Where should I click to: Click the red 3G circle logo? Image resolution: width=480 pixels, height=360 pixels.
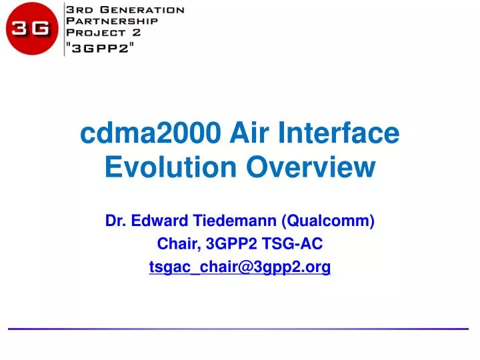click(31, 29)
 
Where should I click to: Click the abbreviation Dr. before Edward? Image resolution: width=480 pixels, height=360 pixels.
click(116, 221)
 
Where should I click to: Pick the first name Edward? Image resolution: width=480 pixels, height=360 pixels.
click(157, 221)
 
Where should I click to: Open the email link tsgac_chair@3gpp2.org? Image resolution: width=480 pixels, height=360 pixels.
click(240, 267)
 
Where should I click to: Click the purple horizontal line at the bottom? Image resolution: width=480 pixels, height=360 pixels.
click(240, 329)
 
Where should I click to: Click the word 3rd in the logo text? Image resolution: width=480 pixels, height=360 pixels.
click(78, 9)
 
